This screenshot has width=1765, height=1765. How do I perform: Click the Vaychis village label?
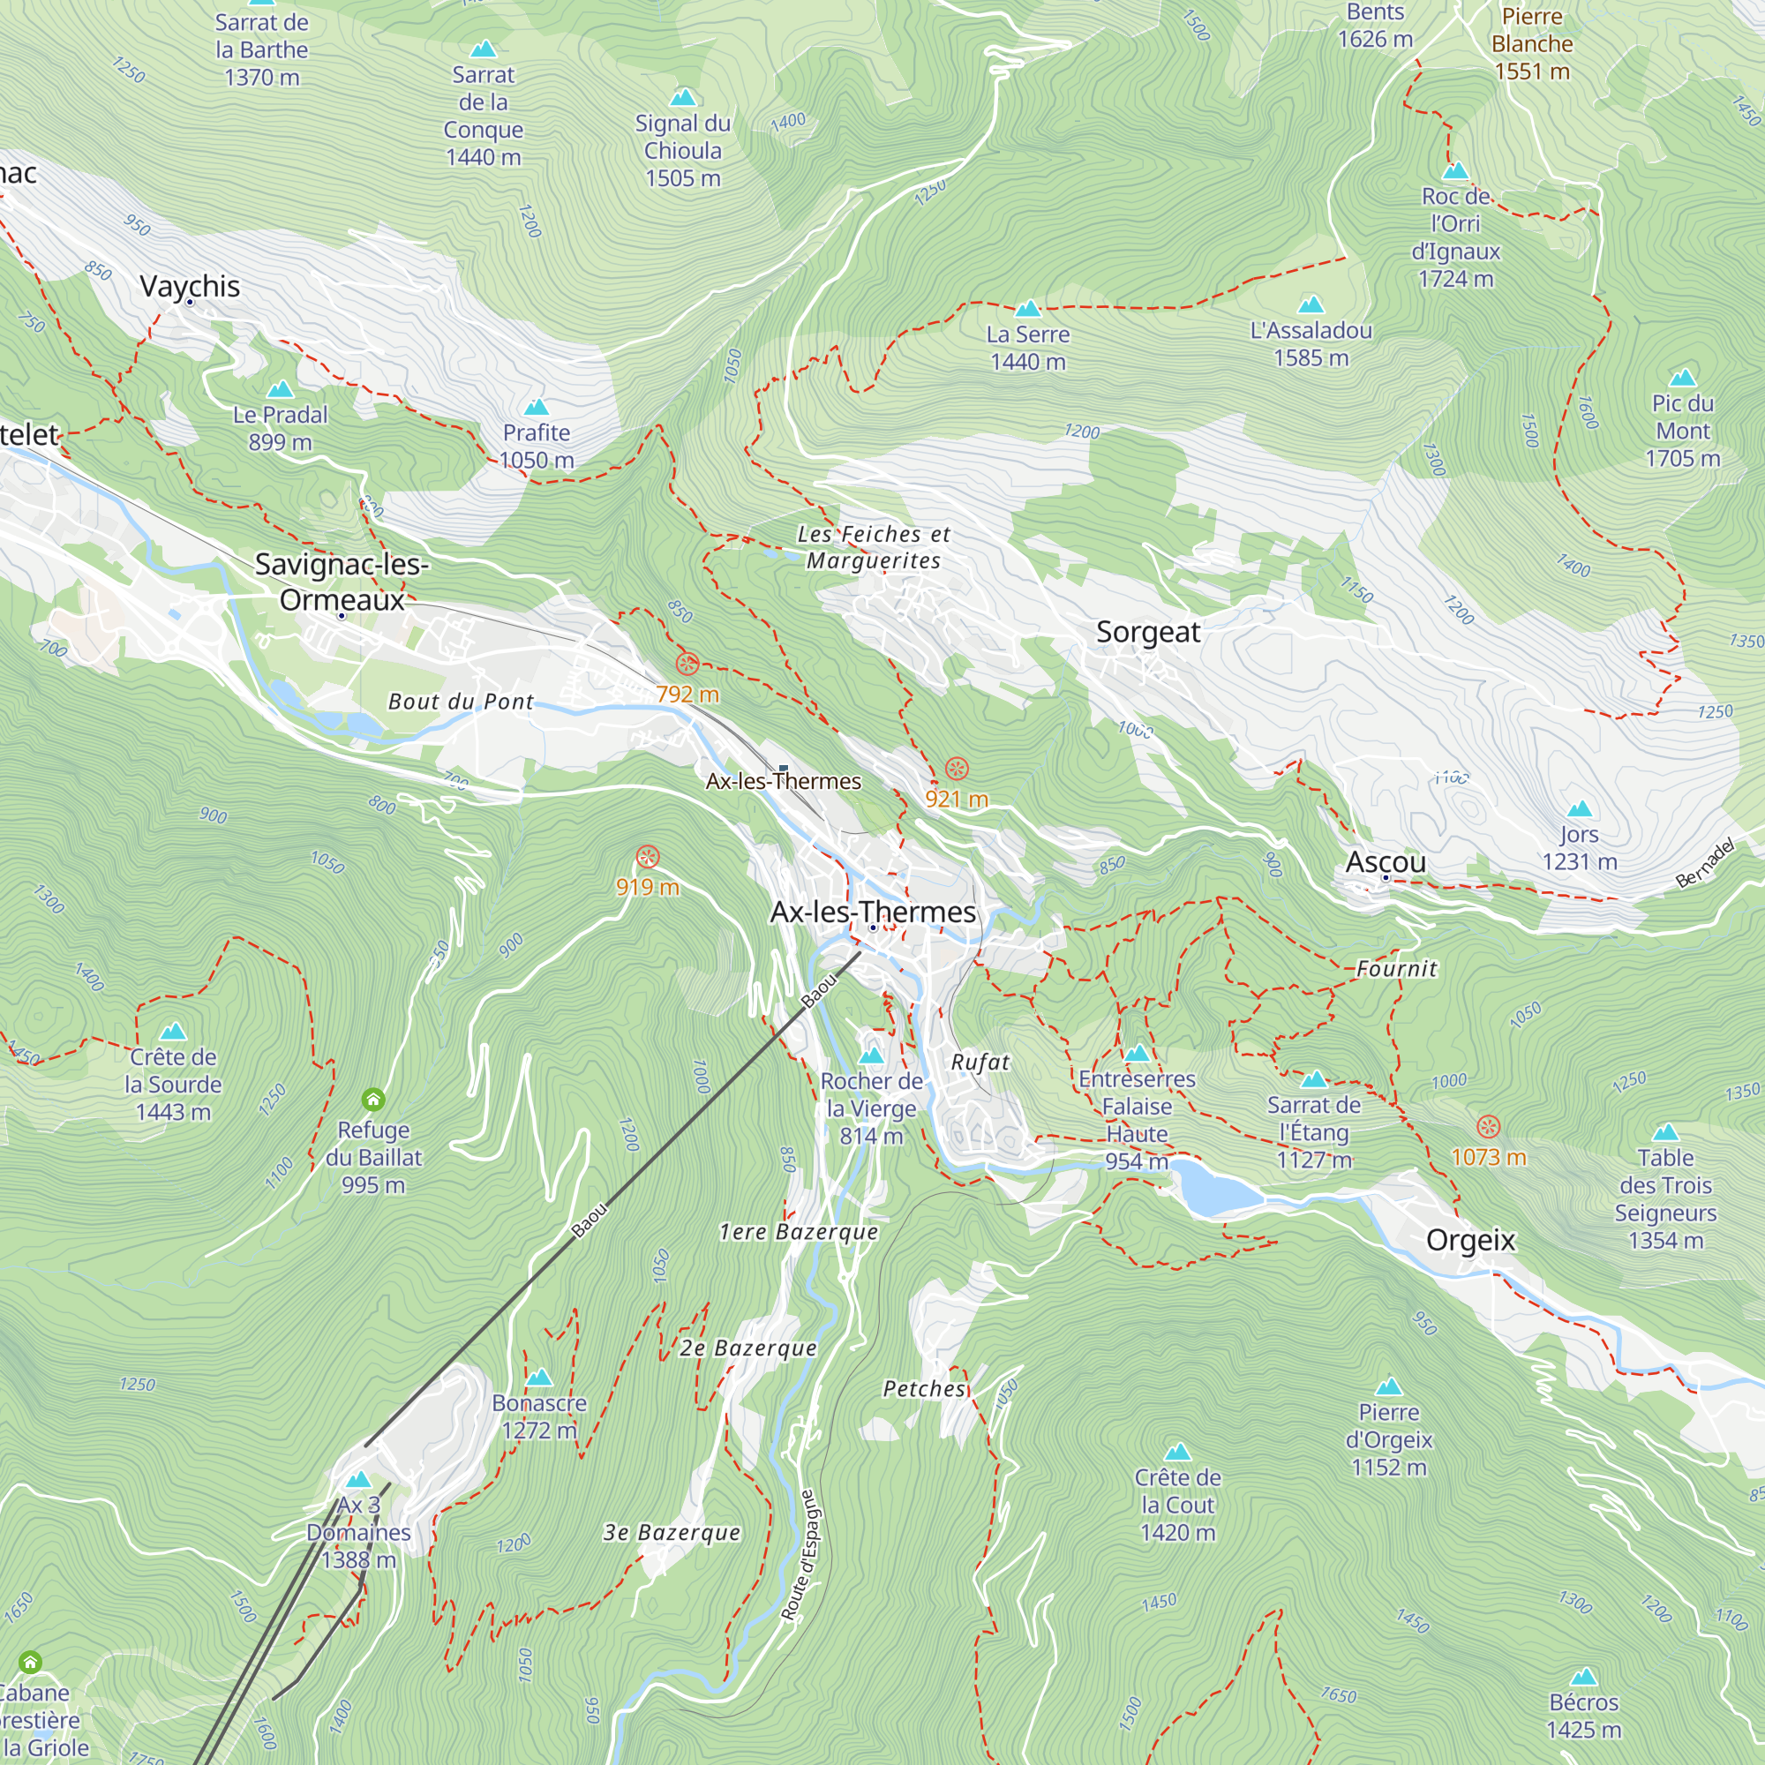190,287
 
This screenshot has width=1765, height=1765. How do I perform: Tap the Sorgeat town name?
1147,632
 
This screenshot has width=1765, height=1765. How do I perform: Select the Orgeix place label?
1470,1241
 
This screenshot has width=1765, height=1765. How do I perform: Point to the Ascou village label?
1385,861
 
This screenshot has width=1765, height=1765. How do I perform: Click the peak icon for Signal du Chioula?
682,98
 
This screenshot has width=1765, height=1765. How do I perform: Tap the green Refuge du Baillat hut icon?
372,1098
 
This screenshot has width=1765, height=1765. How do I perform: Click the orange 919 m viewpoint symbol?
647,857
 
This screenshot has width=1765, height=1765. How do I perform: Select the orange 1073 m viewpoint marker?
1488,1126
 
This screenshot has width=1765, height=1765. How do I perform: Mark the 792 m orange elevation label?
687,695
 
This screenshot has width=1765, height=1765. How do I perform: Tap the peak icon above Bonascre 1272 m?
539,1377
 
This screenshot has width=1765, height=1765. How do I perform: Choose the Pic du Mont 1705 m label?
1682,431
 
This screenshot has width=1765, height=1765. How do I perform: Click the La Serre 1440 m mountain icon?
1028,309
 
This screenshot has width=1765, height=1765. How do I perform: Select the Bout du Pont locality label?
461,702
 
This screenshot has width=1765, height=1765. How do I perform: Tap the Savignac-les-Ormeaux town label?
342,582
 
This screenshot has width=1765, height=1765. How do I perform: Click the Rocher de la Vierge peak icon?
871,1056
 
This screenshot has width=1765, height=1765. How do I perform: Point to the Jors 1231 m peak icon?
1579,808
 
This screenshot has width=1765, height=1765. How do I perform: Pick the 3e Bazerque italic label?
672,1532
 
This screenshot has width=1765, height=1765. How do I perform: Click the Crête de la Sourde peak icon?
173,1033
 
